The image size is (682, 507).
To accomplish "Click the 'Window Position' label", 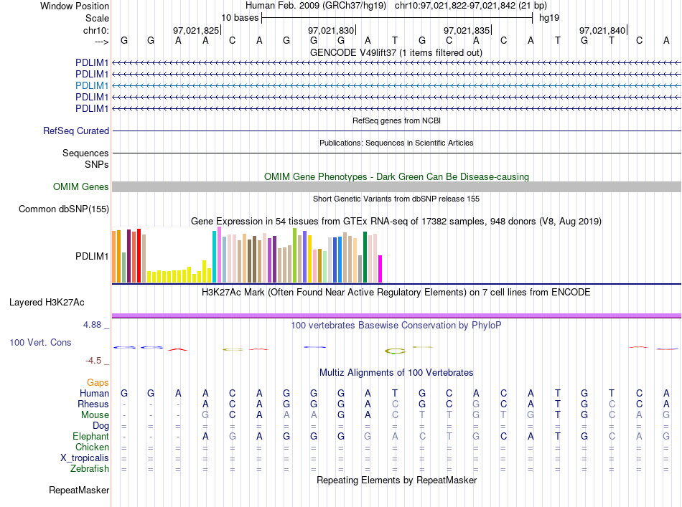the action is [x=75, y=6].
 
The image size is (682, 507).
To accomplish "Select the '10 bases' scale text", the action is [x=240, y=18].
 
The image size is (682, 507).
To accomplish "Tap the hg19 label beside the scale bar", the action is [x=549, y=18].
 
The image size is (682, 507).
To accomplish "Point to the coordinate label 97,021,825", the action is [x=196, y=30].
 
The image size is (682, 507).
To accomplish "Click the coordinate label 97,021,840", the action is [x=602, y=30].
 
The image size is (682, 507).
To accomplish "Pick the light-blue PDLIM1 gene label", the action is [x=92, y=85].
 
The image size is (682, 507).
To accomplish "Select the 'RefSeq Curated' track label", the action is [x=76, y=131].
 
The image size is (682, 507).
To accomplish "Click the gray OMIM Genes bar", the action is [x=396, y=187].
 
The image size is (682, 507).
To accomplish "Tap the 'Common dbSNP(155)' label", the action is [x=64, y=209].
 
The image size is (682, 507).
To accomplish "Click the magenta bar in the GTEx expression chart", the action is [x=380, y=269].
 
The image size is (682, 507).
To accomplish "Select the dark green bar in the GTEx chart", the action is [x=365, y=257].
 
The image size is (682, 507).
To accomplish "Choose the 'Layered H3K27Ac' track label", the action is [x=47, y=303].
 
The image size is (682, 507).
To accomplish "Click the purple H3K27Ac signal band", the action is [x=396, y=316].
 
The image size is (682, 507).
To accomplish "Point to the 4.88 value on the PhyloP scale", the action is [x=92, y=325].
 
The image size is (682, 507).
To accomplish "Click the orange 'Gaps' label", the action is [x=98, y=382].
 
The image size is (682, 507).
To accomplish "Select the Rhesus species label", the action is [x=93, y=404].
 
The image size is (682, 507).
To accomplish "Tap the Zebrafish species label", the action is [x=90, y=469].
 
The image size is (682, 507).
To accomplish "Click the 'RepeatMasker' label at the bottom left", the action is [x=79, y=490].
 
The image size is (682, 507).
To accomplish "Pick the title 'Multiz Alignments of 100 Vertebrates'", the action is [x=396, y=372].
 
